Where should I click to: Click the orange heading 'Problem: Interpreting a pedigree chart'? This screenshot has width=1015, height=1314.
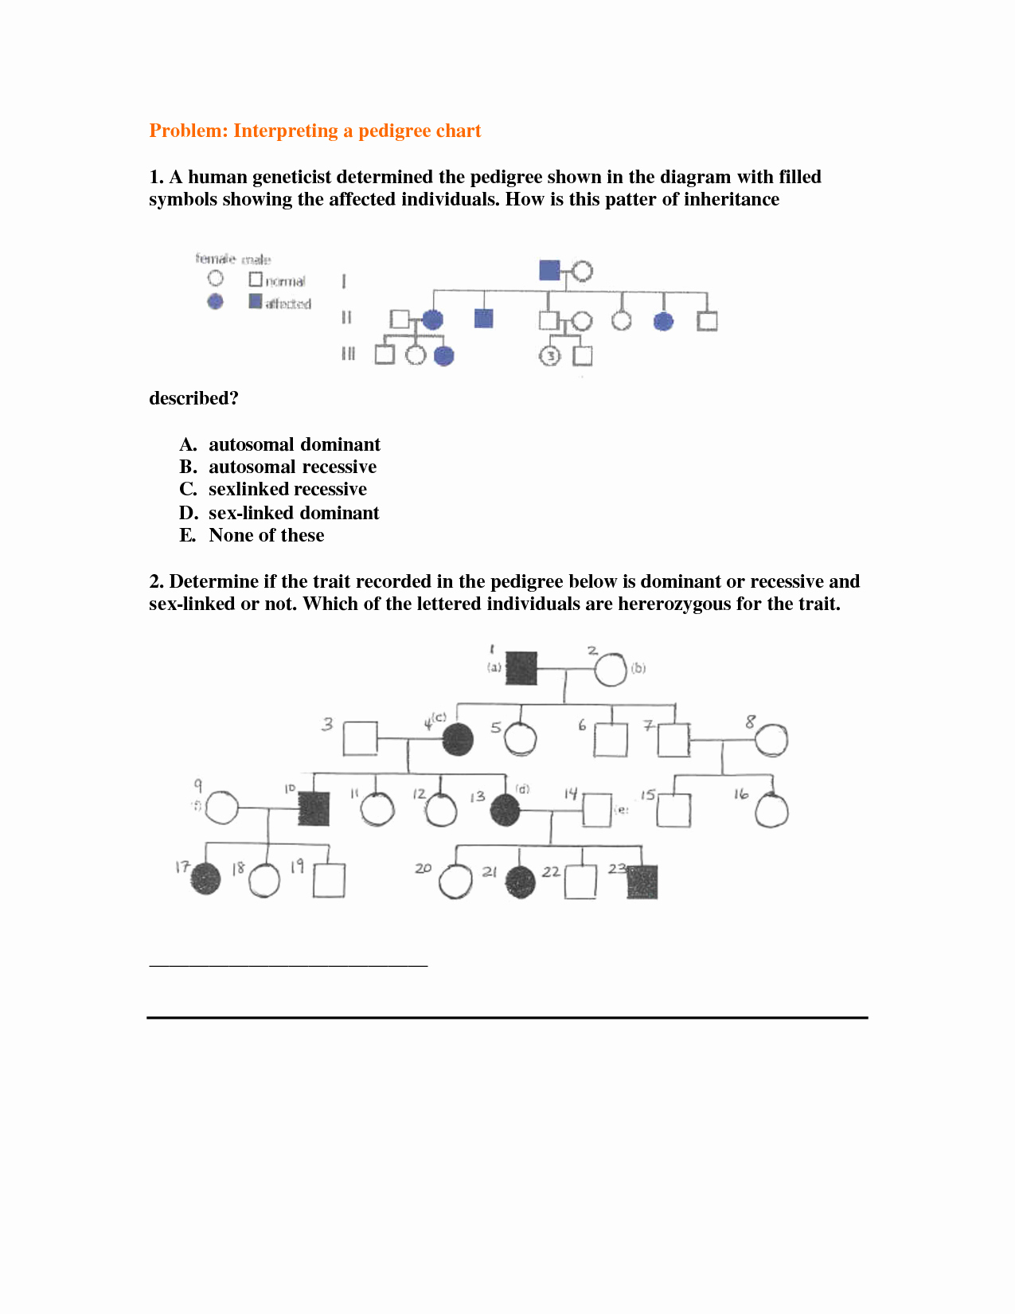pyautogui.click(x=315, y=131)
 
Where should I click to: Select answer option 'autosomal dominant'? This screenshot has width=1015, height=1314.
pyautogui.click(x=294, y=444)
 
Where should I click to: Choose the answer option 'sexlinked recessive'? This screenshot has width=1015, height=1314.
pyautogui.click(x=287, y=489)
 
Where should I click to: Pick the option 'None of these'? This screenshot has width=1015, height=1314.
pyautogui.click(x=266, y=535)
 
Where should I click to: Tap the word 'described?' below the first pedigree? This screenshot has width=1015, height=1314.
pyautogui.click(x=193, y=398)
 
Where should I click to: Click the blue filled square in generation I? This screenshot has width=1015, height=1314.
pyautogui.click(x=549, y=270)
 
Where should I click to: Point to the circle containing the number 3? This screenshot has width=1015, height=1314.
pyautogui.click(x=550, y=356)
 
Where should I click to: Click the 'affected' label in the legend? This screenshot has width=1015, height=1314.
pyautogui.click(x=287, y=303)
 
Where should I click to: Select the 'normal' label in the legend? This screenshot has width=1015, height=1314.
pyautogui.click(x=285, y=281)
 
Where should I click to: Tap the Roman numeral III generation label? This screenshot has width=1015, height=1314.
pyautogui.click(x=348, y=354)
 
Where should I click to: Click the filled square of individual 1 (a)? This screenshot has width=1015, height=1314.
pyautogui.click(x=521, y=668)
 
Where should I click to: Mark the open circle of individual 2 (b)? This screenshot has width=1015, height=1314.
pyautogui.click(x=611, y=669)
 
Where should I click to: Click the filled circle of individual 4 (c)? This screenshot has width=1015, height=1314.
pyautogui.click(x=458, y=740)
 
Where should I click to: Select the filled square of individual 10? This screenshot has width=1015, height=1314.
pyautogui.click(x=314, y=808)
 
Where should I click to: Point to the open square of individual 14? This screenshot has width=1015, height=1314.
pyautogui.click(x=597, y=810)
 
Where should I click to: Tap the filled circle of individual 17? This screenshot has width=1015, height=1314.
pyautogui.click(x=205, y=879)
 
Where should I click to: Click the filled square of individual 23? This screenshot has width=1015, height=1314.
pyautogui.click(x=642, y=882)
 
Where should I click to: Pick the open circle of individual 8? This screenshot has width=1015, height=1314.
pyautogui.click(x=771, y=741)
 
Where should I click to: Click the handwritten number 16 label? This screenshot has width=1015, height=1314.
pyautogui.click(x=741, y=794)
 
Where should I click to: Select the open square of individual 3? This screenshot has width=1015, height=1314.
pyautogui.click(x=360, y=738)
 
